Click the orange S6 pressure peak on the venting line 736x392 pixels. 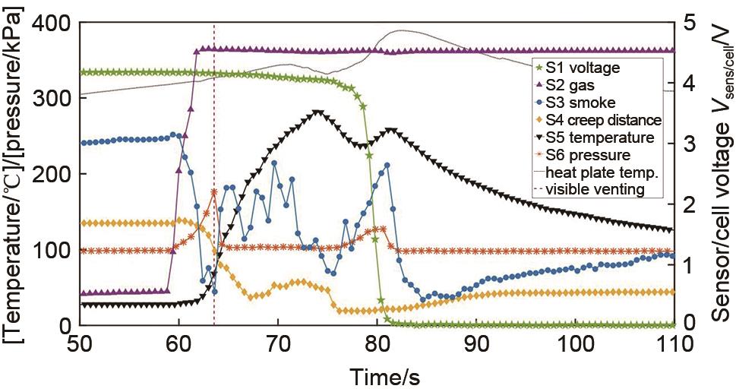(x=214, y=191)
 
